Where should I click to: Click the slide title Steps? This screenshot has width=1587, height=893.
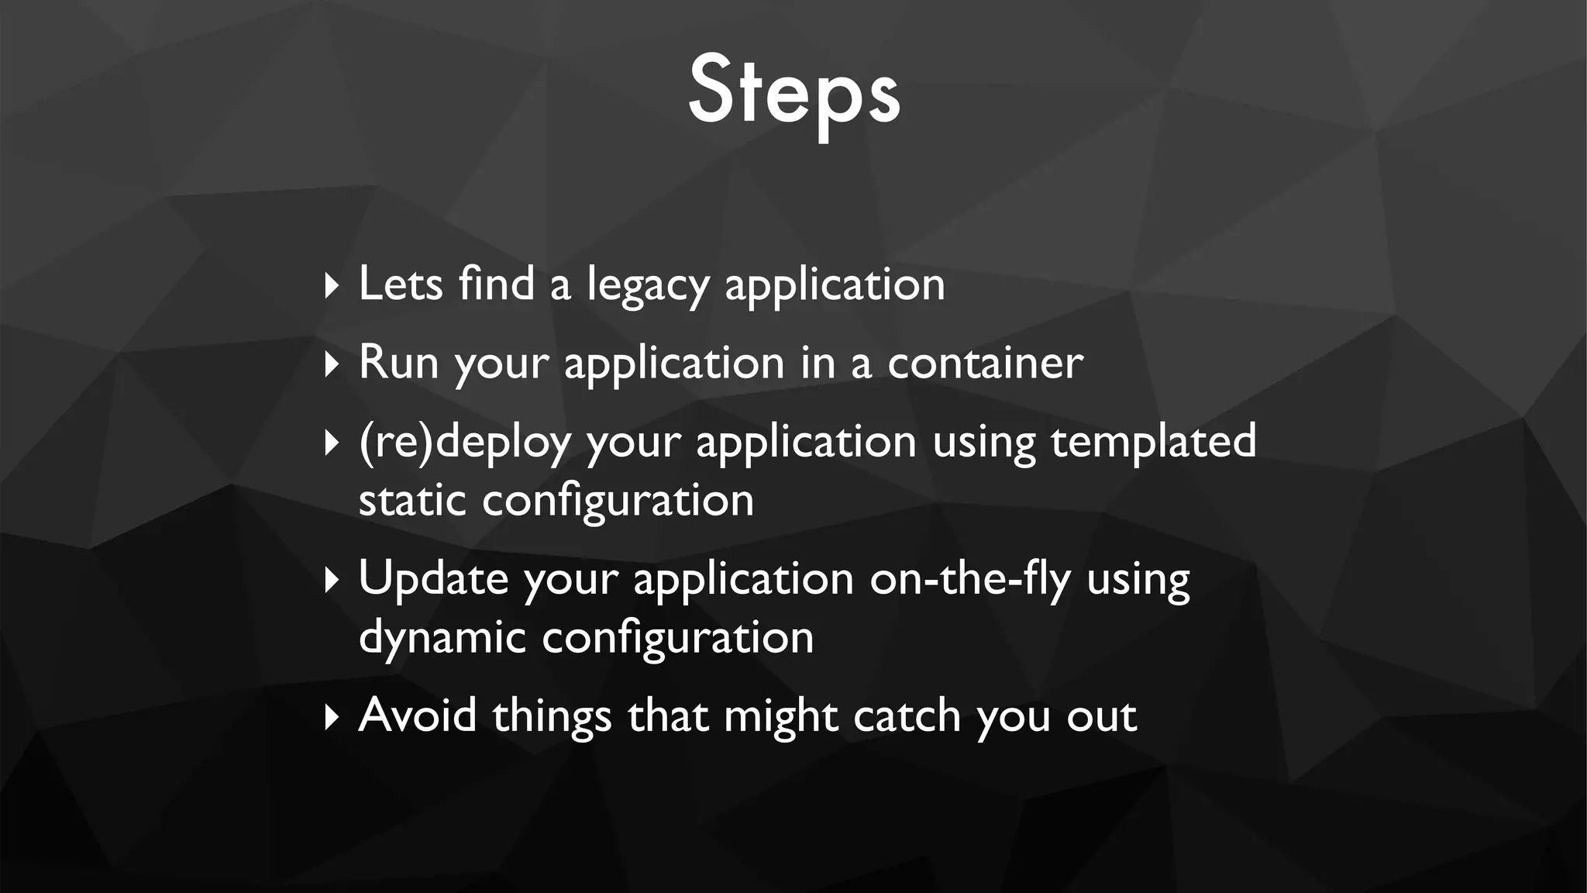coord(793,91)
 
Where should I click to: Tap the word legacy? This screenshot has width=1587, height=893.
coord(648,285)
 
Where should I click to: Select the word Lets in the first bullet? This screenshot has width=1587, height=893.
coord(400,283)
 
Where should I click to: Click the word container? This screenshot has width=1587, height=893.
coord(985,362)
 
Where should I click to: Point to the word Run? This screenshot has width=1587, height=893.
coord(399,362)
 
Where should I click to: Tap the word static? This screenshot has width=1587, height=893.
coord(412,500)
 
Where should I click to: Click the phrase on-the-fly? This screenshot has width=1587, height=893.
coord(970,578)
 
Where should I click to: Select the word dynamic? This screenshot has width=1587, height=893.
coord(442,639)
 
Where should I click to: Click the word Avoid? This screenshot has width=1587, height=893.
coord(418,715)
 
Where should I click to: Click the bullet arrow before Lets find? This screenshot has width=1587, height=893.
coord(332,285)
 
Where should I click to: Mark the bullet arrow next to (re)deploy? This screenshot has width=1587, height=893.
coord(332,443)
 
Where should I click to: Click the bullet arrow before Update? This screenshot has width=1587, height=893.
coord(332,580)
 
